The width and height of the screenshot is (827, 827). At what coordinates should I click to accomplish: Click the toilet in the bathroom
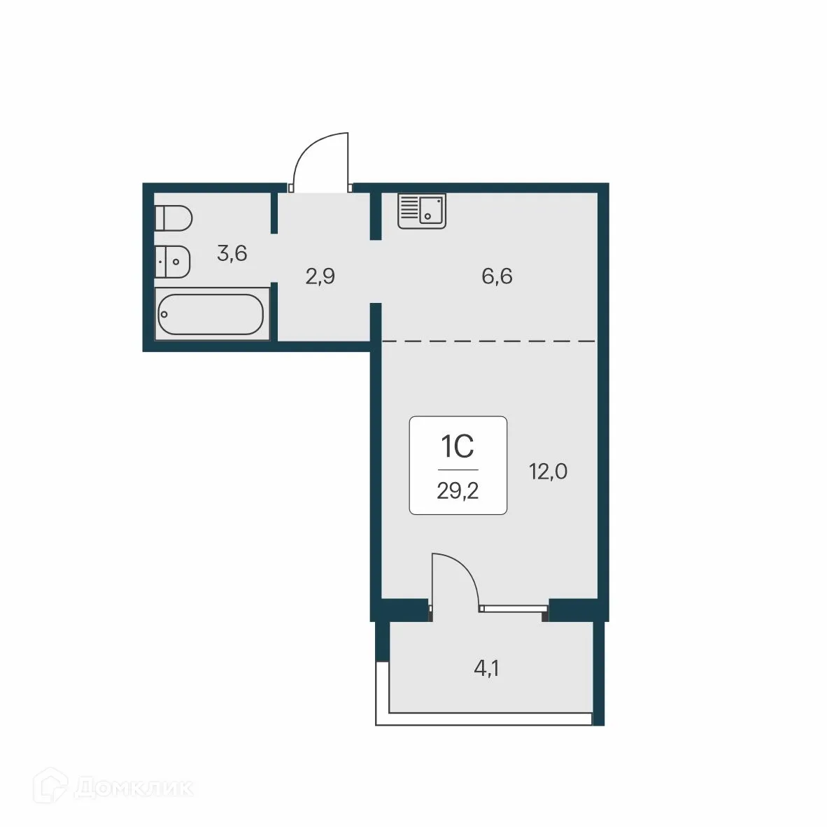(173, 218)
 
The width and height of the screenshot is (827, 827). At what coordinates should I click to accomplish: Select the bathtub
(210, 315)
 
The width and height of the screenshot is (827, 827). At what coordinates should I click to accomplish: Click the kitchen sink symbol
(422, 211)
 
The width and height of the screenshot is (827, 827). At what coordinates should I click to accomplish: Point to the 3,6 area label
(232, 253)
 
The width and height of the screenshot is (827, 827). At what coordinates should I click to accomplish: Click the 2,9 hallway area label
(320, 276)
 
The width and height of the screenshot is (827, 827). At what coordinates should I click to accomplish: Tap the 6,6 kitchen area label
(497, 276)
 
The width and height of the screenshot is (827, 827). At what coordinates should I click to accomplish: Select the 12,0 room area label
(548, 472)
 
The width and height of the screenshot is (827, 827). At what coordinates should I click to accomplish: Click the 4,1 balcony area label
(487, 669)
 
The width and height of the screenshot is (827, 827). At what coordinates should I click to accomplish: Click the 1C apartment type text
(458, 446)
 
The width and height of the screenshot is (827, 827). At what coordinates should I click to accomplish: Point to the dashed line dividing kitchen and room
(490, 341)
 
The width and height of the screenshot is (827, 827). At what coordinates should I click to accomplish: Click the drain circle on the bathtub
(164, 314)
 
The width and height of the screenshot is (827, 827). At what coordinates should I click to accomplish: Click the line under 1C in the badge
(458, 469)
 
